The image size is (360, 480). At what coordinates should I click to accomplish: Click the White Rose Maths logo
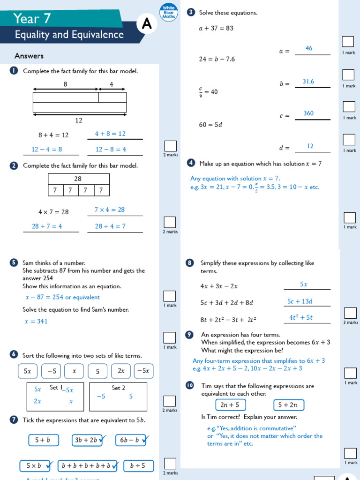coord(168,13)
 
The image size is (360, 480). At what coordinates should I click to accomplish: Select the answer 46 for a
coord(309,48)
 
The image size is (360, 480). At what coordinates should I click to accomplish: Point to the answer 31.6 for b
coord(308,82)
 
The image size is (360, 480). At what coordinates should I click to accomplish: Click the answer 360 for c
coord(308,113)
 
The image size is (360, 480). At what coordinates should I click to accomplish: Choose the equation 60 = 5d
coord(210,125)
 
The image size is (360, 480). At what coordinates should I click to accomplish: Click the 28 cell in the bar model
coord(78,179)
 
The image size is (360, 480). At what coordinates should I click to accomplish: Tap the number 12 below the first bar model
coord(79,120)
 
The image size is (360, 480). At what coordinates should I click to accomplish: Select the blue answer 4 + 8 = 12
coord(110,134)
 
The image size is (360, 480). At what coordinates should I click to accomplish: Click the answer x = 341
coord(36,322)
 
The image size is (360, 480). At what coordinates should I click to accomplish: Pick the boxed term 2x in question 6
coord(121,371)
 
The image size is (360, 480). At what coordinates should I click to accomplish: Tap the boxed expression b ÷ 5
coord(137,466)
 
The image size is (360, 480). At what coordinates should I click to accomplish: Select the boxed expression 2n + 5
coord(230,405)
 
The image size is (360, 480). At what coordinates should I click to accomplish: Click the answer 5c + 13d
coord(300,301)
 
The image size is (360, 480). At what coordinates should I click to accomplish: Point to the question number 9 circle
coord(189,335)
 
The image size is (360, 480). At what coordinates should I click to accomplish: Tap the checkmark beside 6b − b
coord(145,439)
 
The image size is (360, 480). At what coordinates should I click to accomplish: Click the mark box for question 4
coord(350,217)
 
